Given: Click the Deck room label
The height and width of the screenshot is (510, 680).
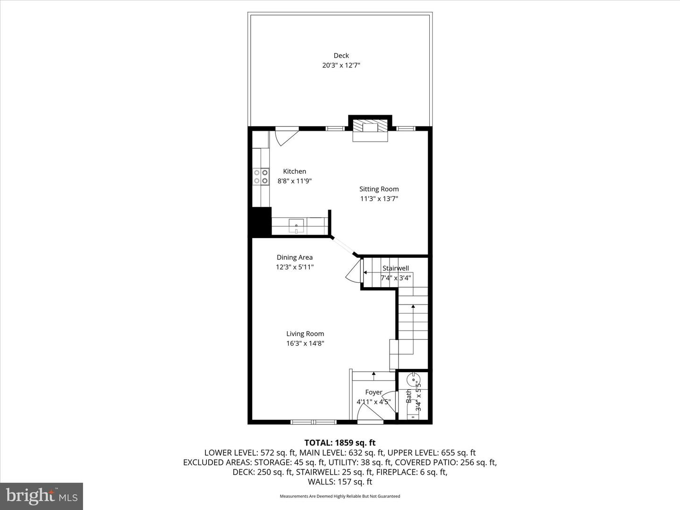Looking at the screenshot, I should [x=341, y=56].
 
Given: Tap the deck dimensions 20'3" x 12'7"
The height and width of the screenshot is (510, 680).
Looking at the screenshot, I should [x=341, y=66].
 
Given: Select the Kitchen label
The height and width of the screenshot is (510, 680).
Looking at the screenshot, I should [x=294, y=171].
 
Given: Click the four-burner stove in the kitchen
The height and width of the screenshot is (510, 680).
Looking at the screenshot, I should [x=261, y=177].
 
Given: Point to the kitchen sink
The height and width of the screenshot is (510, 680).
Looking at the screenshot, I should [x=297, y=225].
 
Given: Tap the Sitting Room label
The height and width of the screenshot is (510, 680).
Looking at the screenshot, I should [x=379, y=189].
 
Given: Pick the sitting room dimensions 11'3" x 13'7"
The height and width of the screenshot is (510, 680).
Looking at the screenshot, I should [x=379, y=199].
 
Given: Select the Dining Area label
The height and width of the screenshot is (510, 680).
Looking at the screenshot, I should [x=294, y=257].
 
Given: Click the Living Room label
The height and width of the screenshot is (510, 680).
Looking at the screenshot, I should [x=305, y=333].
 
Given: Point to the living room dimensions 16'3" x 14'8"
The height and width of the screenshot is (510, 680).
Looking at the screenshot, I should [x=305, y=343].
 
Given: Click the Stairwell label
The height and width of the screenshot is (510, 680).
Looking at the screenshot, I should [x=396, y=268].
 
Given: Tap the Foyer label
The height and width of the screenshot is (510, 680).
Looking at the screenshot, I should [x=374, y=392].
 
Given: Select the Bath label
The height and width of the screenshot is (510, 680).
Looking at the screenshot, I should [x=408, y=396].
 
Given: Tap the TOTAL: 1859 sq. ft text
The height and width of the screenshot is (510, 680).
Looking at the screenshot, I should [x=340, y=442].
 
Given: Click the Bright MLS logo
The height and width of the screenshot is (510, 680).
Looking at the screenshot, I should [x=42, y=496].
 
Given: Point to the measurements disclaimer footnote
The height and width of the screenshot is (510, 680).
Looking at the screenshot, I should [x=340, y=496].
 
